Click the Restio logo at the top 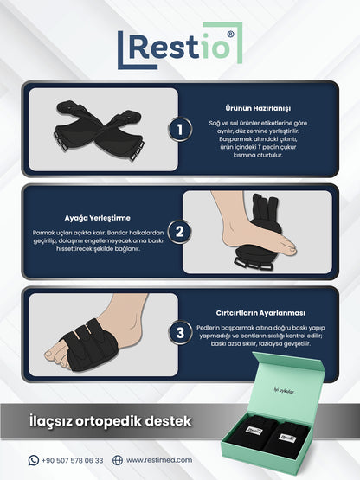click(x=180, y=46)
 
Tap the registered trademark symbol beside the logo click(x=230, y=35)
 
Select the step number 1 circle click(x=180, y=130)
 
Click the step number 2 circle click(x=180, y=232)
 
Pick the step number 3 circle click(x=180, y=333)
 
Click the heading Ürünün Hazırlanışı click(x=258, y=108)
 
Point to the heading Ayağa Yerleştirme click(x=98, y=218)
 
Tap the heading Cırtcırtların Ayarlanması click(x=260, y=313)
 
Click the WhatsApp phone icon click(x=34, y=460)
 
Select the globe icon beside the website click(x=118, y=460)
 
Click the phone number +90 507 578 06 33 click(x=73, y=460)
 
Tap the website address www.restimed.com click(x=159, y=460)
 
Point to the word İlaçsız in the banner click(x=51, y=421)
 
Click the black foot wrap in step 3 click(x=89, y=344)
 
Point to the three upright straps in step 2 click(x=266, y=208)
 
